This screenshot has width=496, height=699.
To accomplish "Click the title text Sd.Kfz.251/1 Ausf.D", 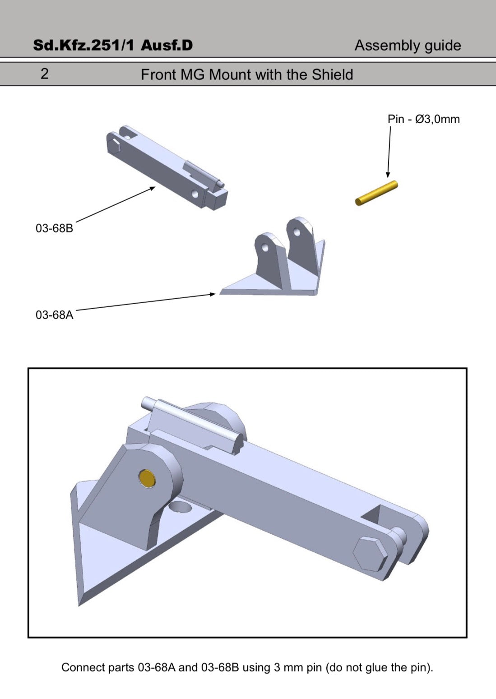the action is [113, 45].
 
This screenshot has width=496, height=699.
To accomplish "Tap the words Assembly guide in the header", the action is [408, 46].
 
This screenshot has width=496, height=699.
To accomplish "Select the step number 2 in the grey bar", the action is [45, 74].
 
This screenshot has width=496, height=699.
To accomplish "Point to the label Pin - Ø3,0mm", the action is [424, 119].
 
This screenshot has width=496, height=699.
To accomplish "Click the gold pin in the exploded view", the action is [376, 193].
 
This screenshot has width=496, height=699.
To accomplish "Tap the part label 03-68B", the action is [54, 228].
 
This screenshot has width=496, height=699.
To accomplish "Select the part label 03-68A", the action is [54, 315].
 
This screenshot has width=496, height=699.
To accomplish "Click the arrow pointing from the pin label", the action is [389, 152].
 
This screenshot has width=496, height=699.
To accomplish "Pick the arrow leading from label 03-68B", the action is [116, 204].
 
